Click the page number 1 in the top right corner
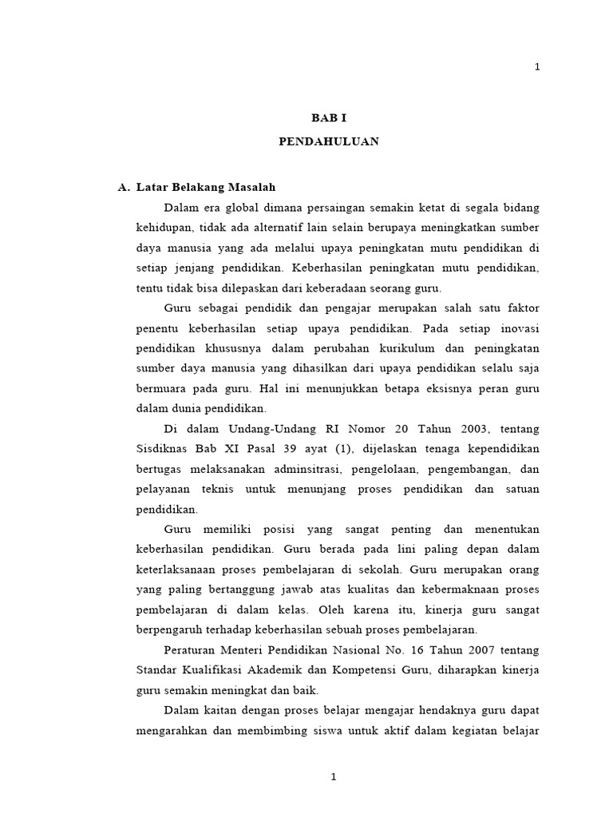[x=537, y=67]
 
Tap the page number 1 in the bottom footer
[x=334, y=776]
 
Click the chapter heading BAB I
[x=329, y=117]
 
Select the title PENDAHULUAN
[x=329, y=141]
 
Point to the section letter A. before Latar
[x=123, y=187]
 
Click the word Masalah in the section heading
[x=253, y=187]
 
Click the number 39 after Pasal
[x=276, y=447]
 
